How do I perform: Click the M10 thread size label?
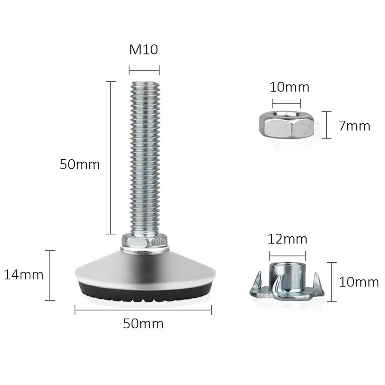[x=143, y=50]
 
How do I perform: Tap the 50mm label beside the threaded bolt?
[x=80, y=164]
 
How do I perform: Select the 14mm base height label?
[x=24, y=275]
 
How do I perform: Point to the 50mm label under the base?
[x=143, y=323]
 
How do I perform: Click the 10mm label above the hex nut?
[x=290, y=87]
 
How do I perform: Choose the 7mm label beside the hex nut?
[x=354, y=126]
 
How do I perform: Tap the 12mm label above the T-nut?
[x=287, y=239]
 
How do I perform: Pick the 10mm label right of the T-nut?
[x=359, y=282]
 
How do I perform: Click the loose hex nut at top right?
[x=286, y=124]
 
